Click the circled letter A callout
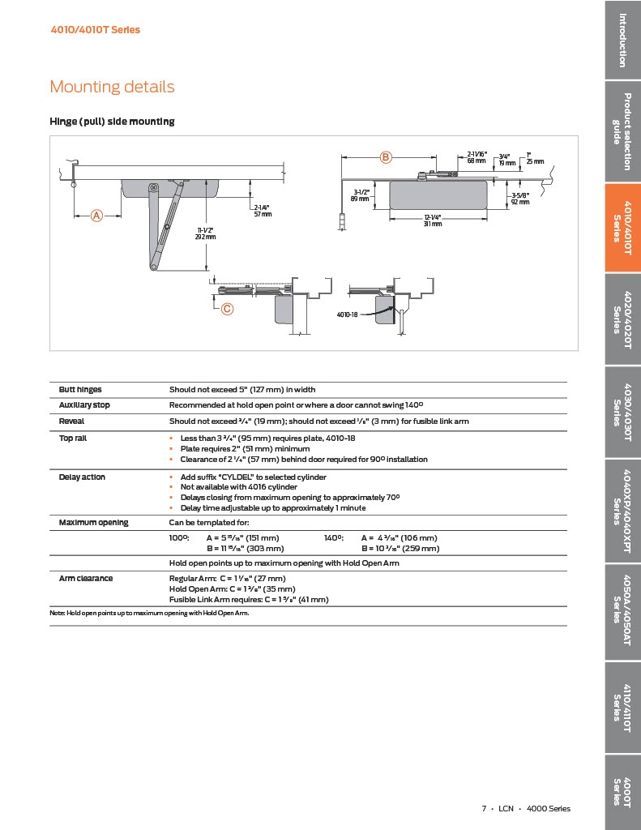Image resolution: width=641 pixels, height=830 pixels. pos(96,216)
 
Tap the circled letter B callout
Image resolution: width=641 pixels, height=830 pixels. pos(387,156)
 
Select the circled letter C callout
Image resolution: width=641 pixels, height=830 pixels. pos(227,308)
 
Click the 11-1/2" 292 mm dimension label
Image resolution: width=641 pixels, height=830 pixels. pos(205,233)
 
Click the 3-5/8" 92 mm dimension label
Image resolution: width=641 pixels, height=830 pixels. pos(520,199)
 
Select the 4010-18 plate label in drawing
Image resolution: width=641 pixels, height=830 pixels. pos(348,314)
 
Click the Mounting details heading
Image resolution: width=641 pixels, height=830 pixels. pos(112,87)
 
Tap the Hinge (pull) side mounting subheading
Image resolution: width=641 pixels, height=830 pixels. pos(112,122)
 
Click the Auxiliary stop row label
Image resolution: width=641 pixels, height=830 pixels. pos(84,404)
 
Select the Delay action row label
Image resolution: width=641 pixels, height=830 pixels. pos(82,477)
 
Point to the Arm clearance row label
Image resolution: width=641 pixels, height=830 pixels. pos(86,578)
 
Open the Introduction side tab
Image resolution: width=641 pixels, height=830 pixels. pos(622,40)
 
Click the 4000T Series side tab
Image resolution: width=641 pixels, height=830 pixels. pos(622,792)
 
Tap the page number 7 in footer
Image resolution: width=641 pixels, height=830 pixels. pos(484,808)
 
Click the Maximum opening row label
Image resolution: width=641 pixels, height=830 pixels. pos(93,522)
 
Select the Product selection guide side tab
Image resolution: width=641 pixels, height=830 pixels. pos(622,132)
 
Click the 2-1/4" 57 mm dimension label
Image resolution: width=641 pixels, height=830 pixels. pos(263,211)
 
